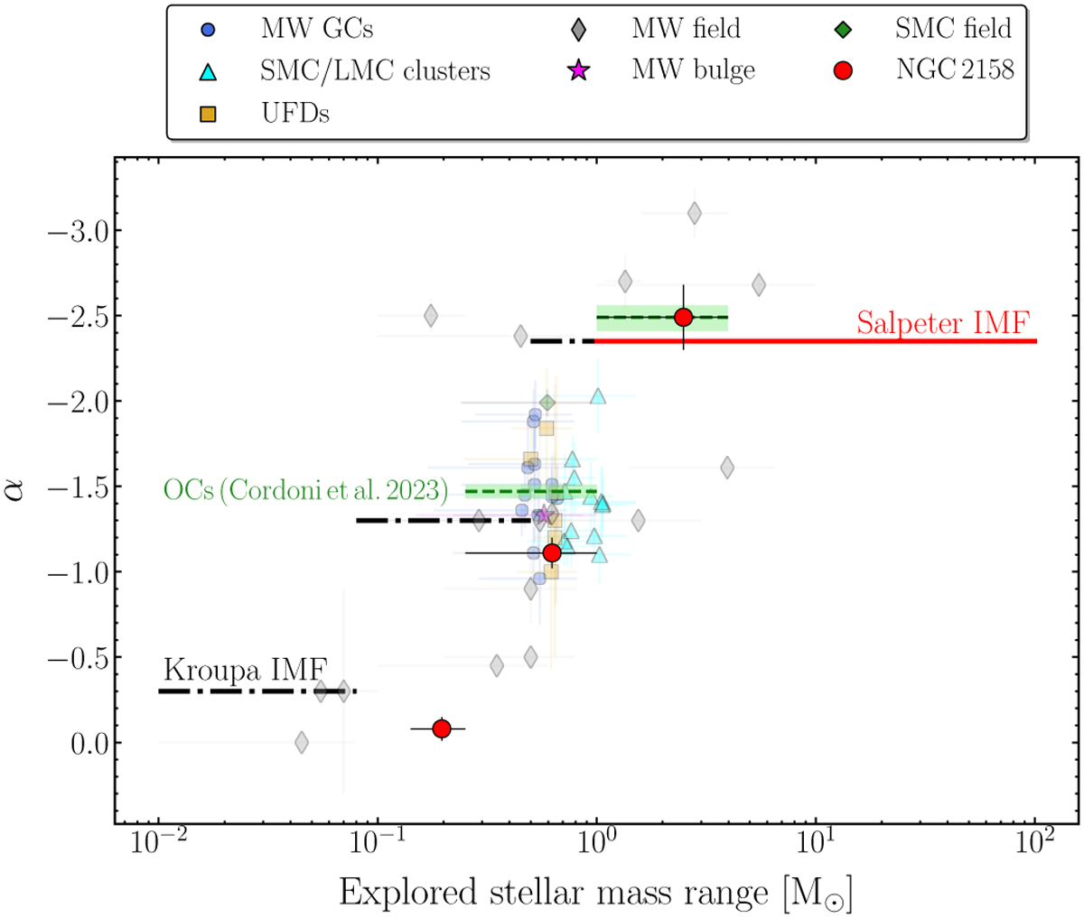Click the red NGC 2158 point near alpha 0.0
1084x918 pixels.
point(442,728)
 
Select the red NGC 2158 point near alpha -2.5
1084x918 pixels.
point(683,317)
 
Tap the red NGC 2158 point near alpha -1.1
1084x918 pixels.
point(552,552)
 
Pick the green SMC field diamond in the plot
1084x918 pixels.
point(547,403)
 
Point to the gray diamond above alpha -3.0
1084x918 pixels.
point(695,213)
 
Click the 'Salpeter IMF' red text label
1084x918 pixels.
point(943,323)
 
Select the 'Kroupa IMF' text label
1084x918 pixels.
point(246,669)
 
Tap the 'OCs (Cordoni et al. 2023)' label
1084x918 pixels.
point(305,490)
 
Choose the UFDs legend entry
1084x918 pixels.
point(265,114)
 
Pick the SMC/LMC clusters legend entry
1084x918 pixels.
point(344,70)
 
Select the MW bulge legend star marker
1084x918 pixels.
point(578,70)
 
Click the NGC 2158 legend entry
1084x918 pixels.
point(923,70)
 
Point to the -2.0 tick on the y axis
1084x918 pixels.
point(79,402)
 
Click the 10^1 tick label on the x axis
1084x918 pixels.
point(817,844)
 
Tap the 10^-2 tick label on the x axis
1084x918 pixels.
point(158,844)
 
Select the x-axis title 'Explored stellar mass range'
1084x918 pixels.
point(554,893)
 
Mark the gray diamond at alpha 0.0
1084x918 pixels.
point(302,742)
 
